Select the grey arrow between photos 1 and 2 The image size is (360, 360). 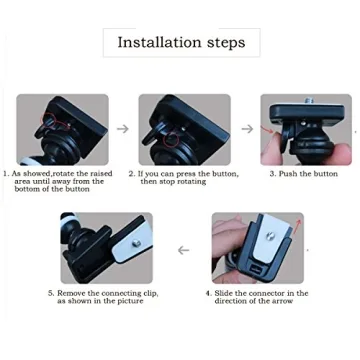click(122, 129)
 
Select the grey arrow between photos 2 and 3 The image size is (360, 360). click(245, 129)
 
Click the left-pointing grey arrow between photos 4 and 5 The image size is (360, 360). click(183, 250)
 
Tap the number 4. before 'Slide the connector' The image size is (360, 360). click(209, 293)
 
